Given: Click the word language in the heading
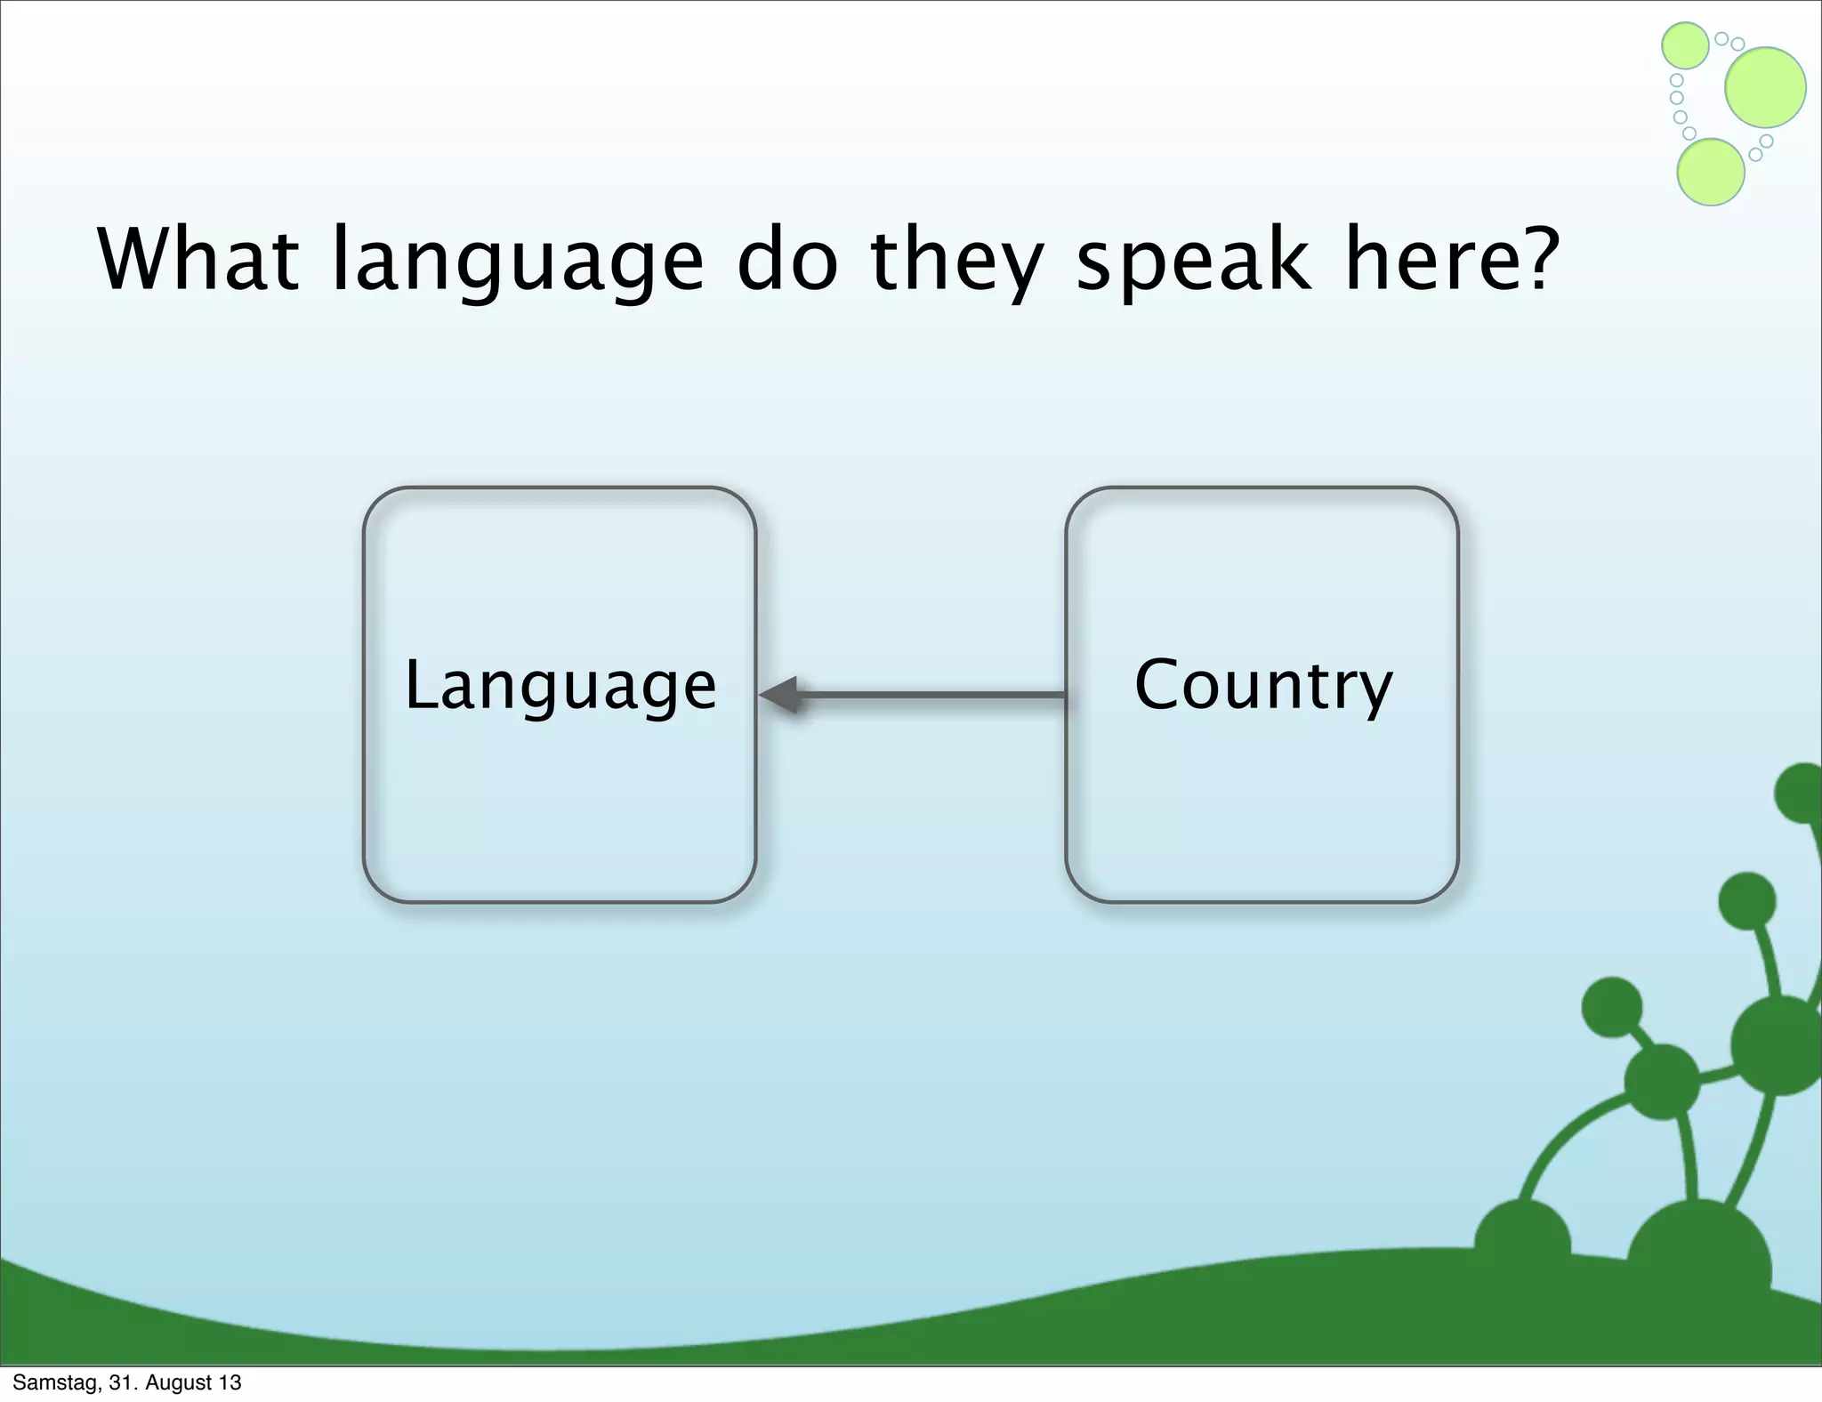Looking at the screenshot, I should click(x=517, y=262).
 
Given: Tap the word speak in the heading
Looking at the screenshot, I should click(x=1192, y=262).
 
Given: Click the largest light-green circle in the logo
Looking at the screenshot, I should click(x=1765, y=87).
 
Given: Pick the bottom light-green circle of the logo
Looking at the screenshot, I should click(x=1710, y=172).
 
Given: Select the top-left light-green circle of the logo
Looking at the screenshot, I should click(x=1685, y=45).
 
